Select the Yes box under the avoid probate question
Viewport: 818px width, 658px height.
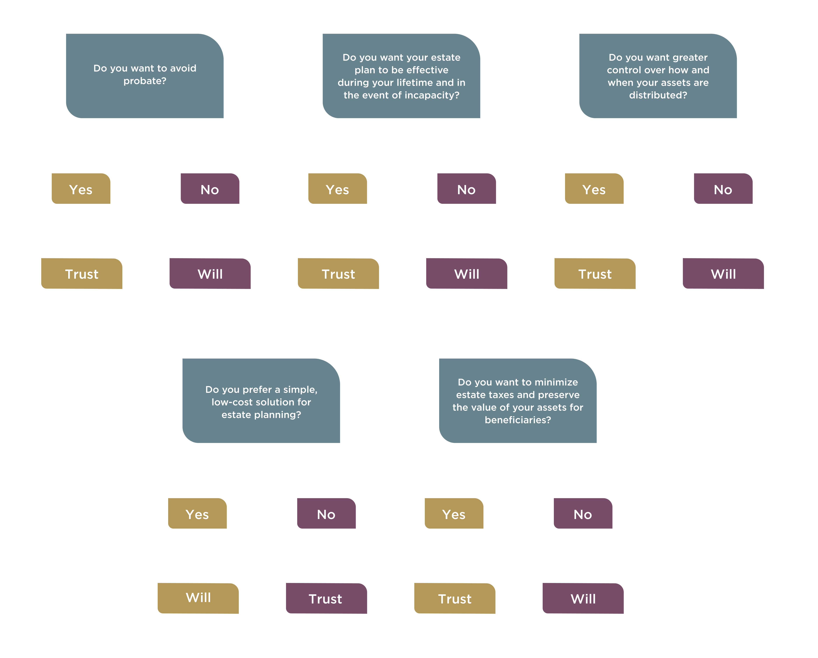81,189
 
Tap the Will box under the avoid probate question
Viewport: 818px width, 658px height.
210,274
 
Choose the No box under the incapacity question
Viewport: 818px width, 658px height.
466,189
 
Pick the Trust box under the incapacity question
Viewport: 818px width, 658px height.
338,274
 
